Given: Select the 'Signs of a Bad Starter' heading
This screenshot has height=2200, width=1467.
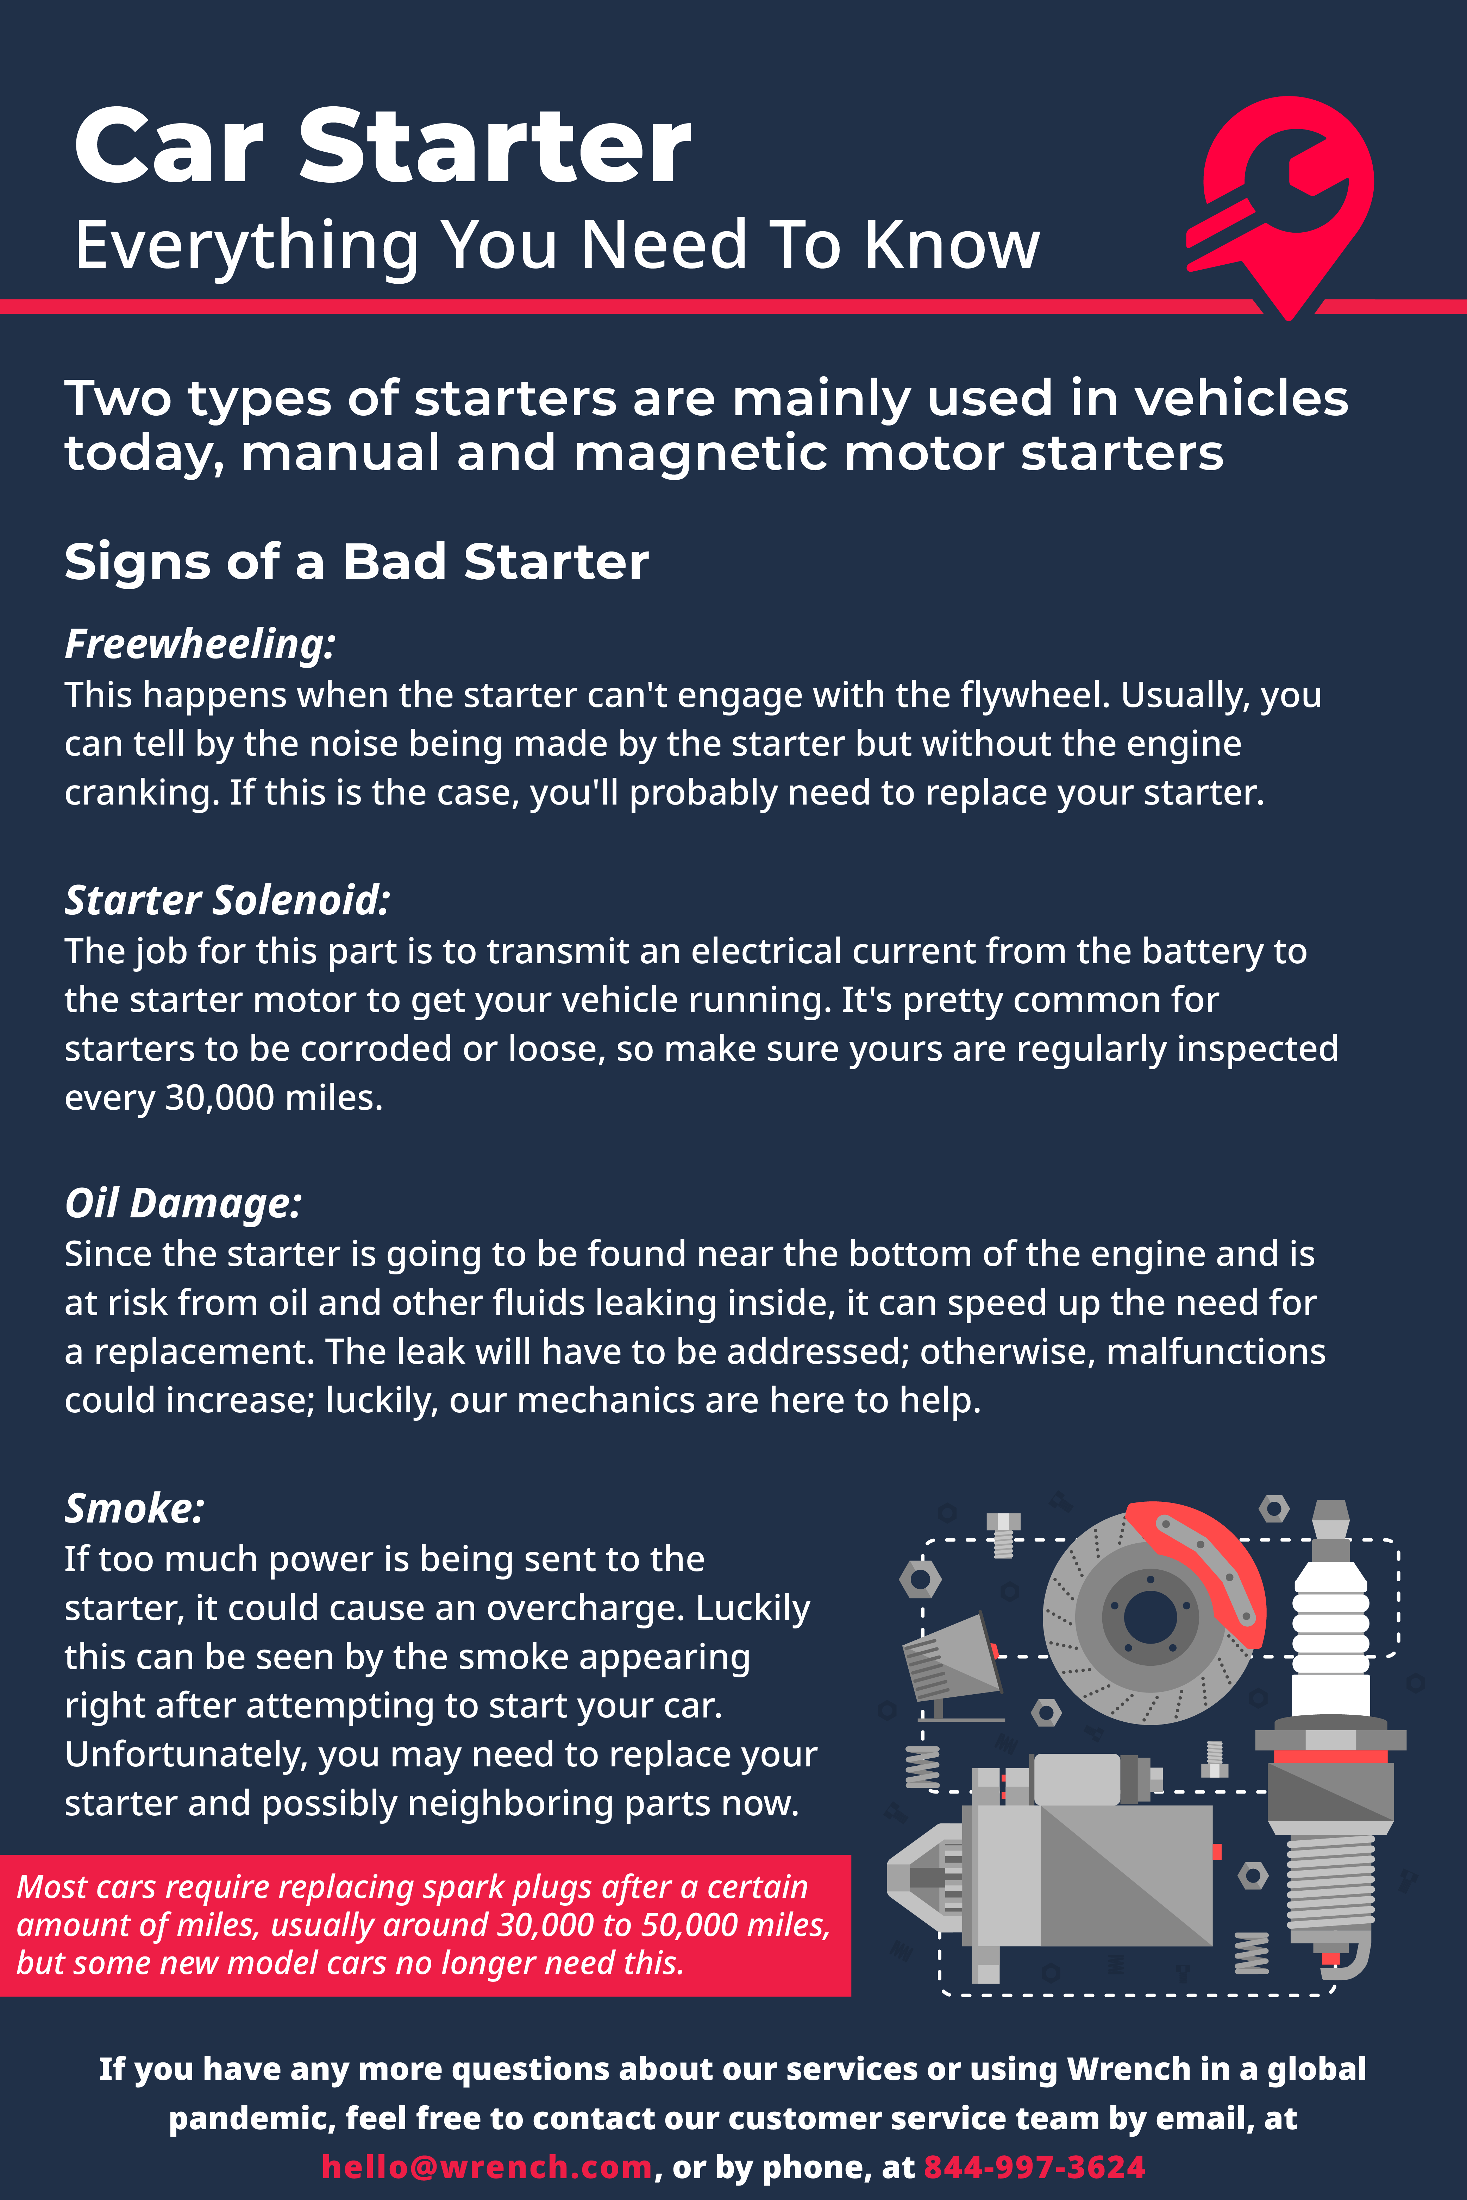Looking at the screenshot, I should pos(357,562).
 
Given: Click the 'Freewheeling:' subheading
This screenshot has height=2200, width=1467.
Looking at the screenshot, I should pos(199,644).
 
